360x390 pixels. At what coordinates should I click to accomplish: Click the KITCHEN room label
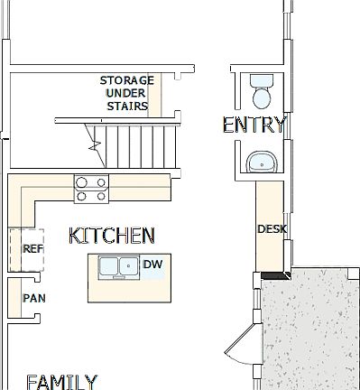point(112,236)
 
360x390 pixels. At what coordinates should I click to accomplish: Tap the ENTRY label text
point(254,125)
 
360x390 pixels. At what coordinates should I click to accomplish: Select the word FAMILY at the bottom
point(61,381)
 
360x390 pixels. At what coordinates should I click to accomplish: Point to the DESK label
point(272,229)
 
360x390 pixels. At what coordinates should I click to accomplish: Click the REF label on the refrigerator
point(32,249)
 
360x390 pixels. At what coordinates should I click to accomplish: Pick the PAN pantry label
point(33,297)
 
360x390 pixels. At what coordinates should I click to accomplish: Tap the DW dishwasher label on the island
point(151,265)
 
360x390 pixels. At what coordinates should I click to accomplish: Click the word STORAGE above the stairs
point(126,80)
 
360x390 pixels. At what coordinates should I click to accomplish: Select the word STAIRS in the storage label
point(126,105)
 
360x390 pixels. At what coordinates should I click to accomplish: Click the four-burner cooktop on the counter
point(91,189)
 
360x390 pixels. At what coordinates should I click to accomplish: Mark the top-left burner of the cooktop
point(82,181)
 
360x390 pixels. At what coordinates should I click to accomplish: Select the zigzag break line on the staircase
point(93,139)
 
